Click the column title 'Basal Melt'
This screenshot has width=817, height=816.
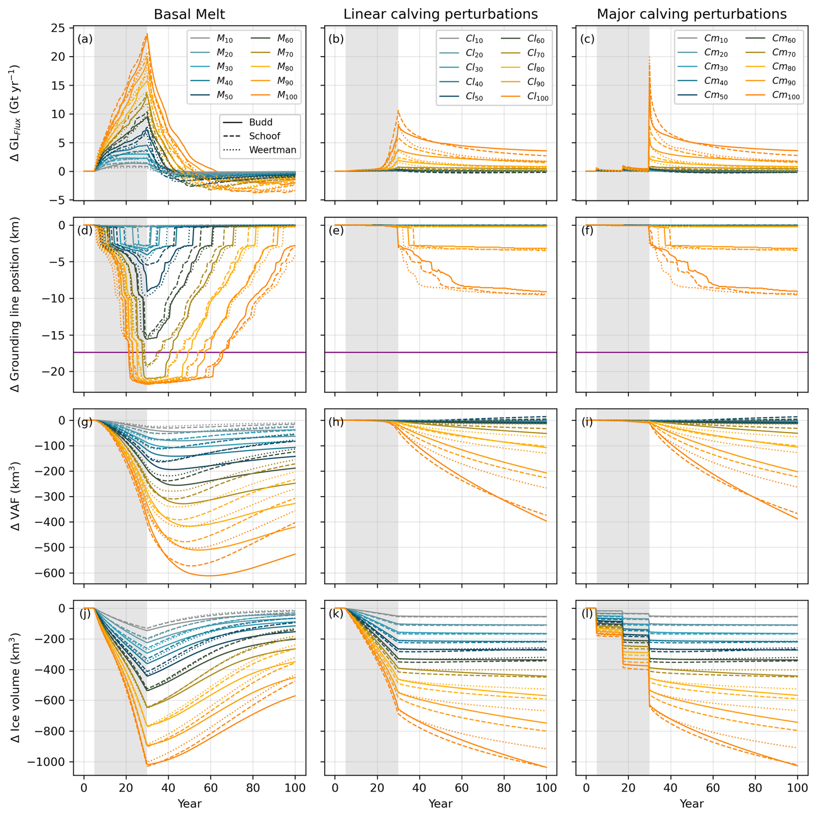[x=189, y=14]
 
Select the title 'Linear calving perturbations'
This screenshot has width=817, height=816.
[x=440, y=14]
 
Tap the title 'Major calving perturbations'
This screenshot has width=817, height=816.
[x=691, y=14]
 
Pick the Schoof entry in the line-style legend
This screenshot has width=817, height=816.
[x=264, y=136]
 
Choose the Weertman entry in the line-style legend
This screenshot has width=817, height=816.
[x=272, y=150]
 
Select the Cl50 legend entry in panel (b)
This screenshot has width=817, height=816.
[x=474, y=97]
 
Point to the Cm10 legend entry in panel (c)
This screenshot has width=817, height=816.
[x=716, y=38]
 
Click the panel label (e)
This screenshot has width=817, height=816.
[x=336, y=231]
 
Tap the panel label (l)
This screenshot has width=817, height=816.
[x=587, y=613]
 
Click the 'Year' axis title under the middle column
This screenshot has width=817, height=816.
[x=440, y=803]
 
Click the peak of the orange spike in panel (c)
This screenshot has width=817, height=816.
[x=649, y=57]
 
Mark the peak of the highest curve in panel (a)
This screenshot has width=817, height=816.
[x=147, y=34]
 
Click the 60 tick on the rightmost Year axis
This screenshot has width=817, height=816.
[x=712, y=788]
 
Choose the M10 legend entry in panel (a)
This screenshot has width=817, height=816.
[x=225, y=39]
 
